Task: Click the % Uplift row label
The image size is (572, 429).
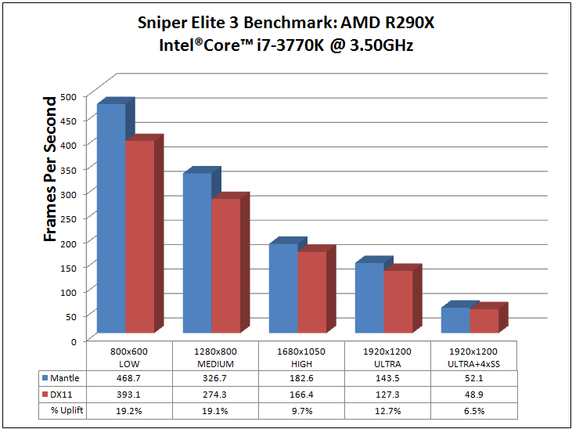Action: pyautogui.click(x=65, y=411)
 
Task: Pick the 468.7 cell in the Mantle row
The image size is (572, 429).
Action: pyautogui.click(x=128, y=378)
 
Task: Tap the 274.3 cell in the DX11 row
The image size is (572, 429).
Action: pyautogui.click(x=214, y=395)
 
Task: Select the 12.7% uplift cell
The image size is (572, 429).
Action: pyautogui.click(x=387, y=411)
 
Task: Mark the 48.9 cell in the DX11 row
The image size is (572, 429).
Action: pyautogui.click(x=474, y=395)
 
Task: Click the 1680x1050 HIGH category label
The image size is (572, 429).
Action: pyautogui.click(x=300, y=358)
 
